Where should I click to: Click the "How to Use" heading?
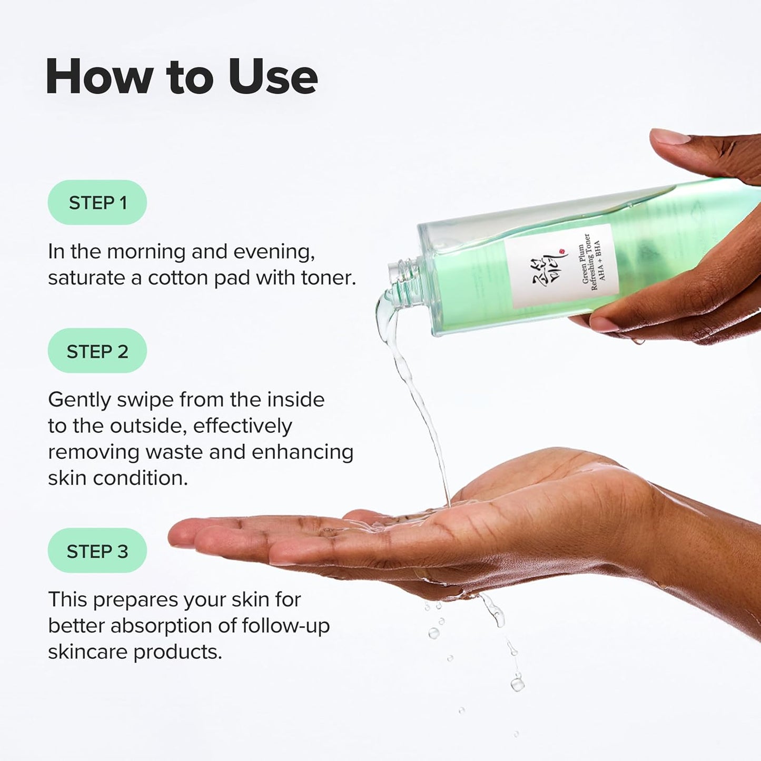pyautogui.click(x=181, y=77)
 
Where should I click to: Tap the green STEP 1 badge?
pyautogui.click(x=97, y=203)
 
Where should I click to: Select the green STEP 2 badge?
pyautogui.click(x=97, y=351)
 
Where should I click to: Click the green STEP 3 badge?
pyautogui.click(x=97, y=551)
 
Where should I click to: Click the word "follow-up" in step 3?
pyautogui.click(x=285, y=626)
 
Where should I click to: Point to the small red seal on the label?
pyautogui.click(x=562, y=252)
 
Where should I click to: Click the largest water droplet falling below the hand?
pyautogui.click(x=517, y=684)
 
